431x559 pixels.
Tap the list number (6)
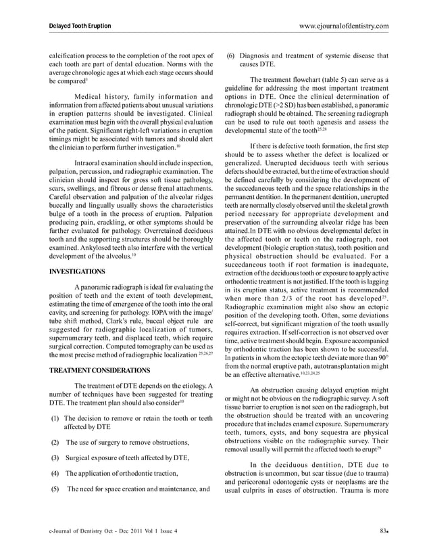[230, 55]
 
